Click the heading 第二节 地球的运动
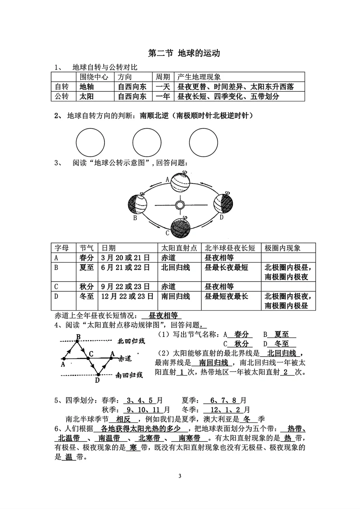184,53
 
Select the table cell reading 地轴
87,87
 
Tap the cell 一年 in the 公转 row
163,96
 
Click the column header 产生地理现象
199,77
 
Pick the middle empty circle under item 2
147,142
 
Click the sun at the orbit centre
180,205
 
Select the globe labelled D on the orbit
223,203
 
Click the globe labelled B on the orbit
137,204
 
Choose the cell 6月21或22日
125,268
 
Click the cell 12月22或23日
127,296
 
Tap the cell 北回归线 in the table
175,268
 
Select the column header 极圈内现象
282,248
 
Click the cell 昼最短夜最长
226,296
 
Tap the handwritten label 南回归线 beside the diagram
129,375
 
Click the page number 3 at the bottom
180,476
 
